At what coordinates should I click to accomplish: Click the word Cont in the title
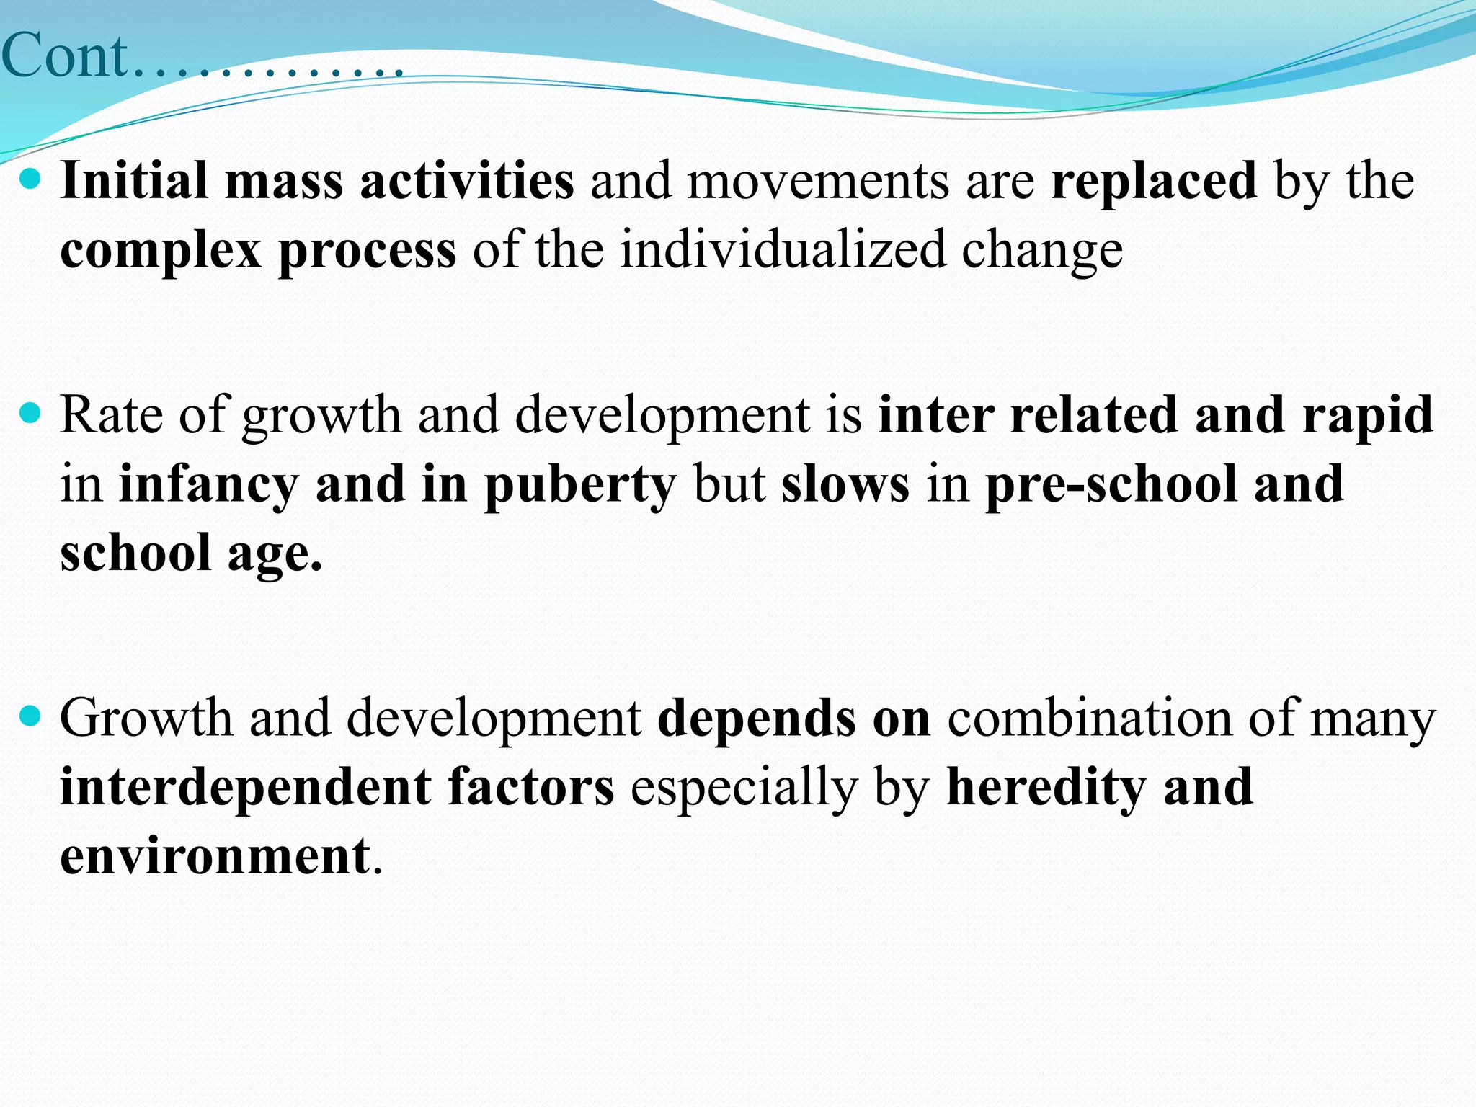[x=65, y=56]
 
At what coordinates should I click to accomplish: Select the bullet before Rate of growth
[x=30, y=414]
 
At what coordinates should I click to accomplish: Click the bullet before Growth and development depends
[x=30, y=716]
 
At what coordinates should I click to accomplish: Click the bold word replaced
[x=1154, y=180]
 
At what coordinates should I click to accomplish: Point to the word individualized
[x=783, y=249]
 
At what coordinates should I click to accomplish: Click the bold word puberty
[x=580, y=484]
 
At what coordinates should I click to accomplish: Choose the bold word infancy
[x=208, y=484]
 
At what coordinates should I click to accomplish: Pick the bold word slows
[x=845, y=484]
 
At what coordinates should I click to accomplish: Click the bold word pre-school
[x=1111, y=484]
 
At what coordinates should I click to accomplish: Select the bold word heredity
[x=1046, y=787]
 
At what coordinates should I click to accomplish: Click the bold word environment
[x=215, y=855]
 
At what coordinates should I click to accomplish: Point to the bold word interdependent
[x=246, y=787]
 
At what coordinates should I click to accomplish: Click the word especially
[x=743, y=787]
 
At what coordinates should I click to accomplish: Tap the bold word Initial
[x=134, y=180]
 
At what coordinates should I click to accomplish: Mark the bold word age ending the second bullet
[x=274, y=553]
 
